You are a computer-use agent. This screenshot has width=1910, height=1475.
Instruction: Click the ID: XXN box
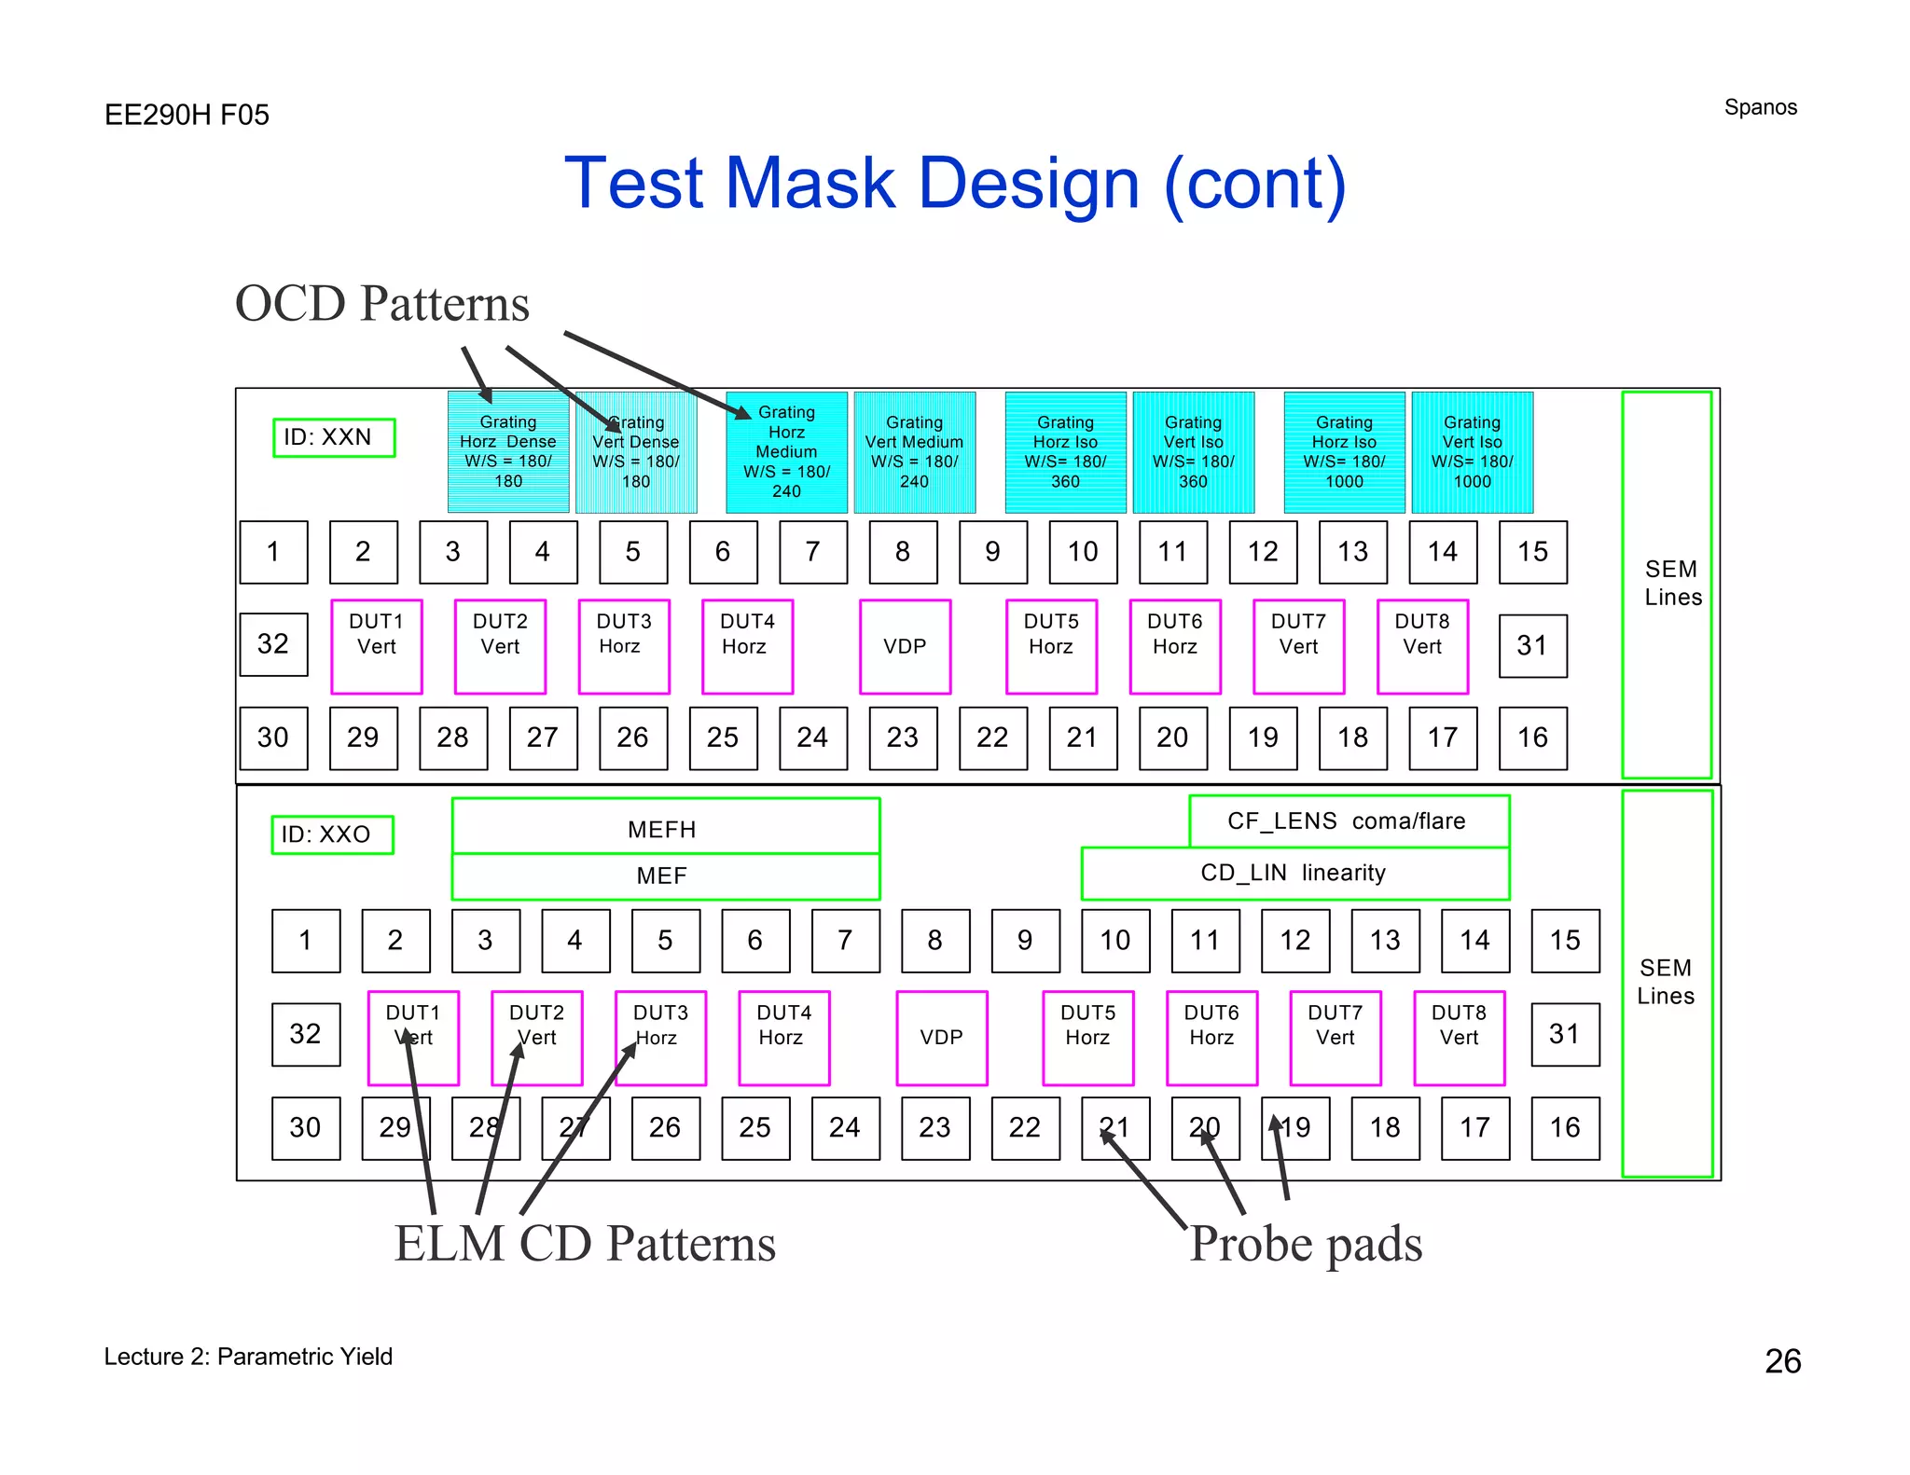(333, 437)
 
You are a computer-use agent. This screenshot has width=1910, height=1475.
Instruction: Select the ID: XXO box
(332, 834)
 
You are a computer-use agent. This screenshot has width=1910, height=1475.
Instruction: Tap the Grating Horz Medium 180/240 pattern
(786, 452)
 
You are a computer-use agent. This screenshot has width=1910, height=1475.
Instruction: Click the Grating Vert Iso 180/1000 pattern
(1472, 452)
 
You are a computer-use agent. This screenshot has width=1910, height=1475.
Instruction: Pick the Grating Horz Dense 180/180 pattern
(508, 452)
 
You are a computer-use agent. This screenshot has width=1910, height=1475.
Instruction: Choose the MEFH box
(664, 826)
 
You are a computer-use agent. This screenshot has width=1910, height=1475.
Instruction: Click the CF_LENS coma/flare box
(1348, 820)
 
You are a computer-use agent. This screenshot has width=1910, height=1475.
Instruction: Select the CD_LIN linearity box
(1294, 874)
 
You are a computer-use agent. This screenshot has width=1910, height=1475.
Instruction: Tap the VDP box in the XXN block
(905, 646)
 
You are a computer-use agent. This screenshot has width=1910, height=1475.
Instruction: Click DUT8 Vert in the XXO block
(1459, 1037)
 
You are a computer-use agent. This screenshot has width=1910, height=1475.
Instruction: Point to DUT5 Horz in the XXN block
(1051, 646)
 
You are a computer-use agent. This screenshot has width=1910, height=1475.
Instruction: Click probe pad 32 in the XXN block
(273, 643)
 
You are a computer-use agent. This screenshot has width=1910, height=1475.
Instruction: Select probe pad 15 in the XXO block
(1565, 940)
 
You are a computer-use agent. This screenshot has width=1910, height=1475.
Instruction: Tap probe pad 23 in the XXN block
(903, 737)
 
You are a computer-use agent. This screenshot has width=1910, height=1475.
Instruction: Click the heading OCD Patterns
(381, 304)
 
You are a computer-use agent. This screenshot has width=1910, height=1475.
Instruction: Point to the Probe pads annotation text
(1306, 1244)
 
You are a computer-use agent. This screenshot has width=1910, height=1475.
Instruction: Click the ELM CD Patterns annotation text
(585, 1244)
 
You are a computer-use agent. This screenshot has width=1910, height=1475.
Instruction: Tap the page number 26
(1782, 1361)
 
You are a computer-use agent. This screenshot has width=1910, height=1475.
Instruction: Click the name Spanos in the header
(1760, 107)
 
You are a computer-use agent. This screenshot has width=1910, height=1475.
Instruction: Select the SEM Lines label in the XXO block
(1666, 982)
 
